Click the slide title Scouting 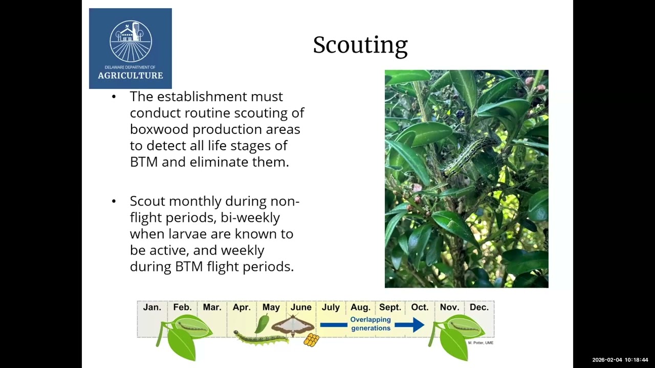pos(360,45)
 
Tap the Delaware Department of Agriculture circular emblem pos(130,41)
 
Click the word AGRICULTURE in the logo pos(130,76)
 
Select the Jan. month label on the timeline pos(152,307)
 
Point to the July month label pos(331,307)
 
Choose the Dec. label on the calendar pos(479,307)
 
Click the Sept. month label pos(390,307)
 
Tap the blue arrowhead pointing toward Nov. pos(419,325)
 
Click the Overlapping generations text pos(371,324)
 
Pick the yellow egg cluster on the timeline pos(312,340)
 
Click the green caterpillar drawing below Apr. pos(261,338)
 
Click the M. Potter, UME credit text pos(481,343)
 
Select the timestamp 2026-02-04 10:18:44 pos(620,360)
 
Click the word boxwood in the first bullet pos(159,129)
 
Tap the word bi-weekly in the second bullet pos(250,218)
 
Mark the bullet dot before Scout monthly pos(114,201)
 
